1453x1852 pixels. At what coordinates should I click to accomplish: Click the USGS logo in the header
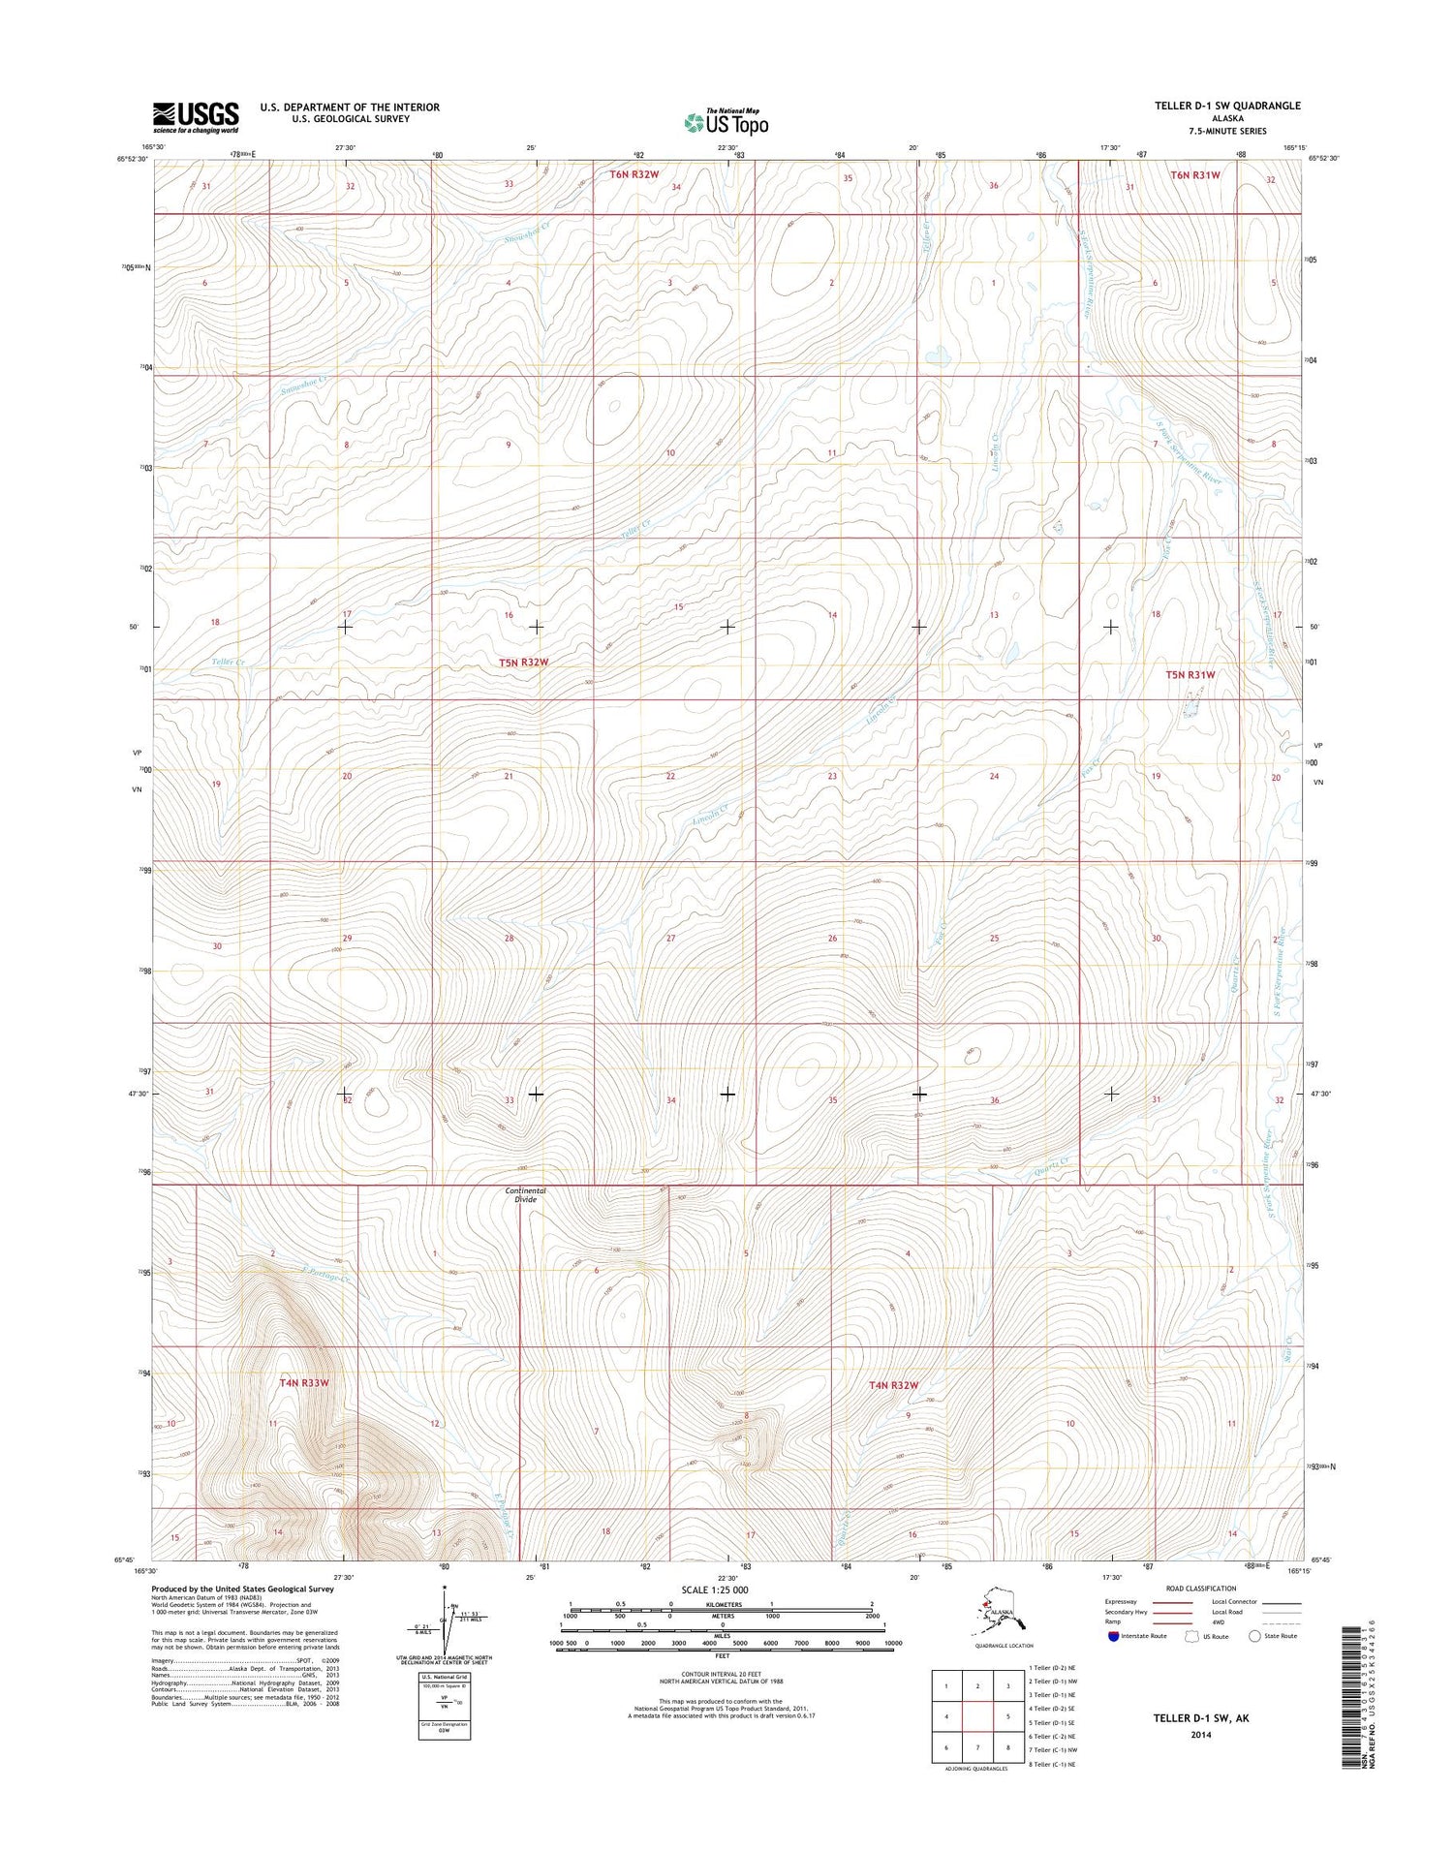click(x=196, y=117)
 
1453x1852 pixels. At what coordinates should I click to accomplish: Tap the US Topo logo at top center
click(x=726, y=122)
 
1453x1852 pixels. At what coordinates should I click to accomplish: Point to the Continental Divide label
click(x=525, y=1194)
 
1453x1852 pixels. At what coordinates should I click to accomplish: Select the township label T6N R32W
click(x=634, y=174)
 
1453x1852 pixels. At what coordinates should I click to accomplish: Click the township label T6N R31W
click(x=1194, y=175)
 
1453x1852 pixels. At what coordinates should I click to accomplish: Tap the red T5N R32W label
click(x=523, y=663)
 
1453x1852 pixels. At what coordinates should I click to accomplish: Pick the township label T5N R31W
click(x=1190, y=674)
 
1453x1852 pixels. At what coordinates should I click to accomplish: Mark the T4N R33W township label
click(x=304, y=1383)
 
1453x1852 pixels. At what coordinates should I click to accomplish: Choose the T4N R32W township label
click(x=892, y=1385)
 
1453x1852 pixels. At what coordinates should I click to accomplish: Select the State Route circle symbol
click(x=1255, y=1636)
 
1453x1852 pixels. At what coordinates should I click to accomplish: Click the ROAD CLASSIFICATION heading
click(x=1201, y=1589)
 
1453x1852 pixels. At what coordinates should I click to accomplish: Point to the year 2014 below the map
click(x=1200, y=1735)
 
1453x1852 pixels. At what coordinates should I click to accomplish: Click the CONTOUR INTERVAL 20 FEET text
click(x=722, y=1673)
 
